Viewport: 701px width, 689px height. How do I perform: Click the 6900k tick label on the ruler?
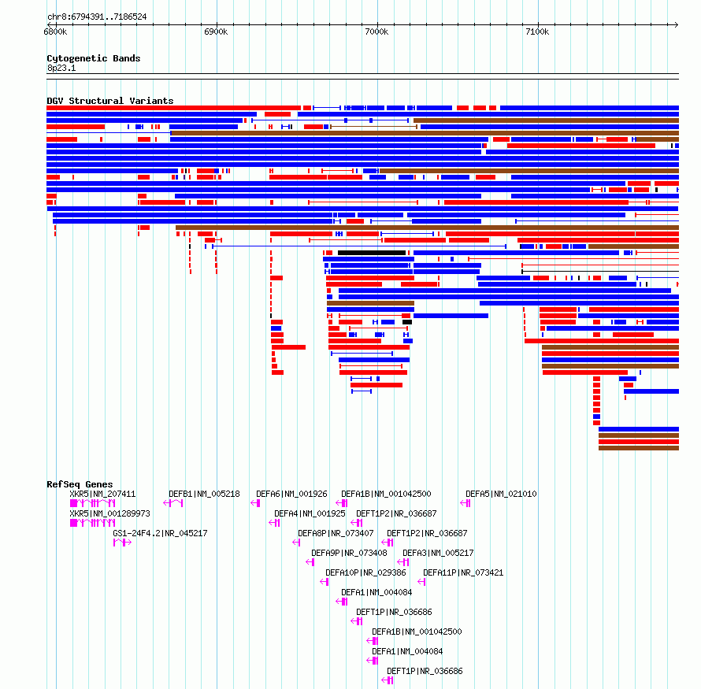click(216, 31)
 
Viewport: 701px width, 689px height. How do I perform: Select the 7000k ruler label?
click(376, 31)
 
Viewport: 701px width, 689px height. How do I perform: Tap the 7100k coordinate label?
click(537, 31)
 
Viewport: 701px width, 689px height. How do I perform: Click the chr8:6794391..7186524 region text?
click(97, 17)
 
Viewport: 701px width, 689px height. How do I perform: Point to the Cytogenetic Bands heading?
click(94, 58)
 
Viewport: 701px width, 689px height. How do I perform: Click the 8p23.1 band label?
click(61, 68)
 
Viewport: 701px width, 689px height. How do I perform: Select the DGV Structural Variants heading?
click(110, 101)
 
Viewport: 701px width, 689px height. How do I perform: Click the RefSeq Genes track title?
click(80, 484)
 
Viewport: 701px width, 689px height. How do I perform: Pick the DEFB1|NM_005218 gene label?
click(204, 495)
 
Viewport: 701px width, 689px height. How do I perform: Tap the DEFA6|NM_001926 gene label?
click(291, 495)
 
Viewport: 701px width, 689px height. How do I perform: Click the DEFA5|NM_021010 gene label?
click(501, 495)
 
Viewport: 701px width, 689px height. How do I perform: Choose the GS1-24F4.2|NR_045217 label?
click(160, 534)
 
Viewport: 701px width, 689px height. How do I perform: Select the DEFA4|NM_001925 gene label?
click(310, 514)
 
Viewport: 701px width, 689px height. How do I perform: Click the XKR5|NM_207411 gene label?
click(102, 495)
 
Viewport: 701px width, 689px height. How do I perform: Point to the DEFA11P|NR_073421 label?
click(463, 572)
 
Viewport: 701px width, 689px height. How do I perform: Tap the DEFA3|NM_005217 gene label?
click(438, 553)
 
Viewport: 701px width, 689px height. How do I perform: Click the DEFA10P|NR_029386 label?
click(365, 572)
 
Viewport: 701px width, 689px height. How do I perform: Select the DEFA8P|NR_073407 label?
click(336, 534)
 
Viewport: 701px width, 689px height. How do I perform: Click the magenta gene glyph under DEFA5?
click(465, 504)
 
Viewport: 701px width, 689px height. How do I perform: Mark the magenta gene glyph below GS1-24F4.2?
click(122, 543)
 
